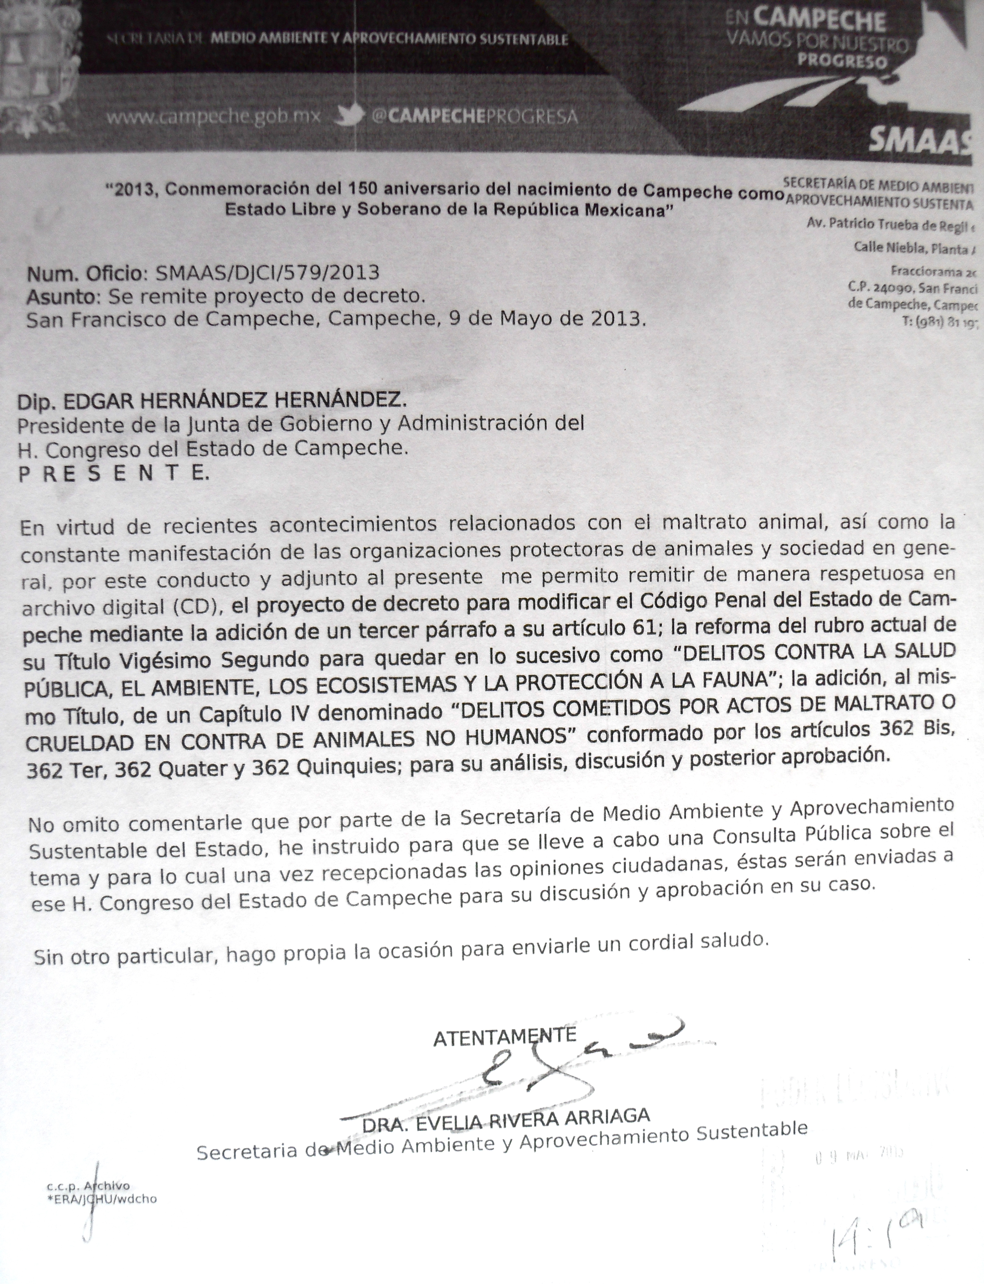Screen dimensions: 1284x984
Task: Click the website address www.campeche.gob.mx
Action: pyautogui.click(x=214, y=117)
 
